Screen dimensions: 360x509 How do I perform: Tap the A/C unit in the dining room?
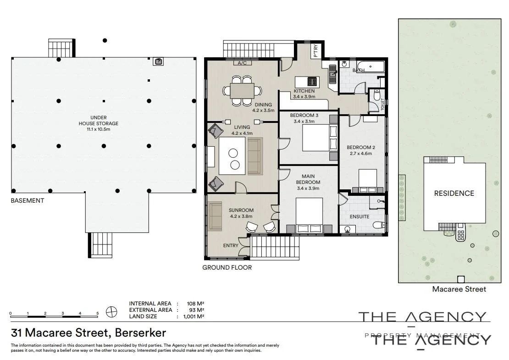point(242,63)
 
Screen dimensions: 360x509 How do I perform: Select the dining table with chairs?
point(242,91)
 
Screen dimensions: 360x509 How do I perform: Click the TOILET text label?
point(383,105)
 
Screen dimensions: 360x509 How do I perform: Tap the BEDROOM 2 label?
point(361,147)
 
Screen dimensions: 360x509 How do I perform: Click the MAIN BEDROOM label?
point(308,179)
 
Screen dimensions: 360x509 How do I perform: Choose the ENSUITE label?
point(360,216)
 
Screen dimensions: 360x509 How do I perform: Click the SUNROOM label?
point(241,210)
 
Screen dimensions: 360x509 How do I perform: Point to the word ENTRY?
point(231,245)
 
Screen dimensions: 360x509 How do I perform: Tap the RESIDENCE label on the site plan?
point(454,193)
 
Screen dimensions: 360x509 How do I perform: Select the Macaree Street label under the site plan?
point(459,289)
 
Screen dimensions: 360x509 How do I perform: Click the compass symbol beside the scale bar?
point(111,312)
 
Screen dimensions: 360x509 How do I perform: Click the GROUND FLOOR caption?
point(227,267)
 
